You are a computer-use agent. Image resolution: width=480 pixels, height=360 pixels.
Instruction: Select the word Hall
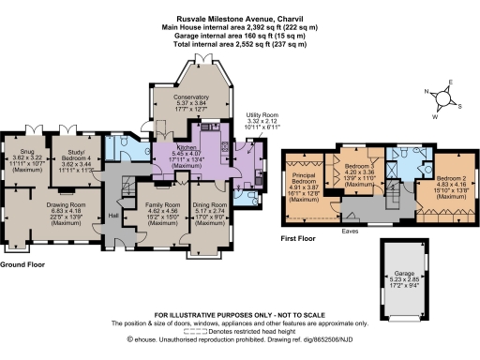[x=112, y=215]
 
